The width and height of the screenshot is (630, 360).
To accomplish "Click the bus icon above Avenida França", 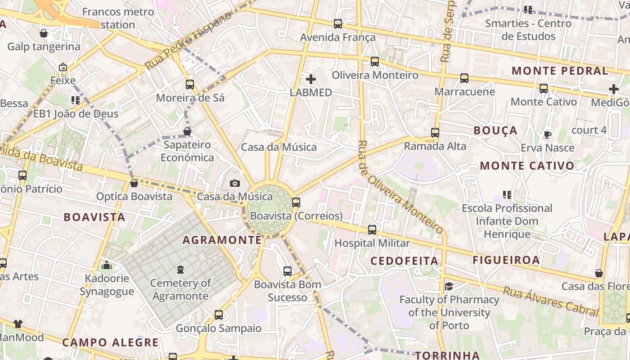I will (x=337, y=24).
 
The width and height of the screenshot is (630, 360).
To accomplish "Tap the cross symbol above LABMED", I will (x=310, y=80).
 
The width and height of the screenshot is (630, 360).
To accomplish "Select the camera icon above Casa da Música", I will (x=234, y=183).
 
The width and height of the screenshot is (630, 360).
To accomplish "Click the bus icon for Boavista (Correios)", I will (x=296, y=202).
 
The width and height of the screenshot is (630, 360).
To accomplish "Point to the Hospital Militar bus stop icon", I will (x=372, y=230).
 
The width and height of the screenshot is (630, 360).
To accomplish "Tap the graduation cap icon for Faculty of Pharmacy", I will (x=449, y=287).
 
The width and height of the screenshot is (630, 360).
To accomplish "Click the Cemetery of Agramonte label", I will (x=180, y=289).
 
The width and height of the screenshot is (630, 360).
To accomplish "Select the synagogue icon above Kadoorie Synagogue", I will (x=107, y=265).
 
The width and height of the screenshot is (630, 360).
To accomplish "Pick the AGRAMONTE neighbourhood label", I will (x=222, y=240).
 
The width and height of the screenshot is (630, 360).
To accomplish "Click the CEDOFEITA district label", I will (x=404, y=261).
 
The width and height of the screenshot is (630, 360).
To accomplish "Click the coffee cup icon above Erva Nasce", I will (x=547, y=135).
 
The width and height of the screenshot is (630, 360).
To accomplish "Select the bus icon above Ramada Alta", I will (x=435, y=133).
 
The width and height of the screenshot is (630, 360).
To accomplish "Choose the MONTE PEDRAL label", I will (x=560, y=71).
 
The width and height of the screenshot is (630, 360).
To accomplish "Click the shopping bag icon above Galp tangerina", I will (x=44, y=33).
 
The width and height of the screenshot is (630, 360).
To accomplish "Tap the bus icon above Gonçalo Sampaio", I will (x=218, y=315).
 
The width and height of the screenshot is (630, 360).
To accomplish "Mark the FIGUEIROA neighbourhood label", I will (x=506, y=260).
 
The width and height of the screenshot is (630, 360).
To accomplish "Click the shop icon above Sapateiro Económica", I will (x=187, y=131).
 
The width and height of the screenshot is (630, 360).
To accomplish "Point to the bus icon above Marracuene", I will (x=464, y=78).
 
